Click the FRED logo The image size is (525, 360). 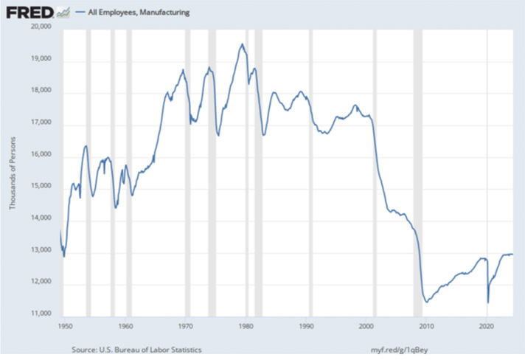(29, 12)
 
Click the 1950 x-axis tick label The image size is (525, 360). (65, 325)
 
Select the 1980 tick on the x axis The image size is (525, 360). (246, 325)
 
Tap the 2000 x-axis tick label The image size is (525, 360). (366, 325)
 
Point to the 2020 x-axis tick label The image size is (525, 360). (487, 325)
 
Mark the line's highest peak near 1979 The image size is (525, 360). (242, 44)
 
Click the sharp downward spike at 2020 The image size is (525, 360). (488, 302)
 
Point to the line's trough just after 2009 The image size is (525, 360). (427, 302)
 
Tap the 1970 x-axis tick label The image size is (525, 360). (186, 325)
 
